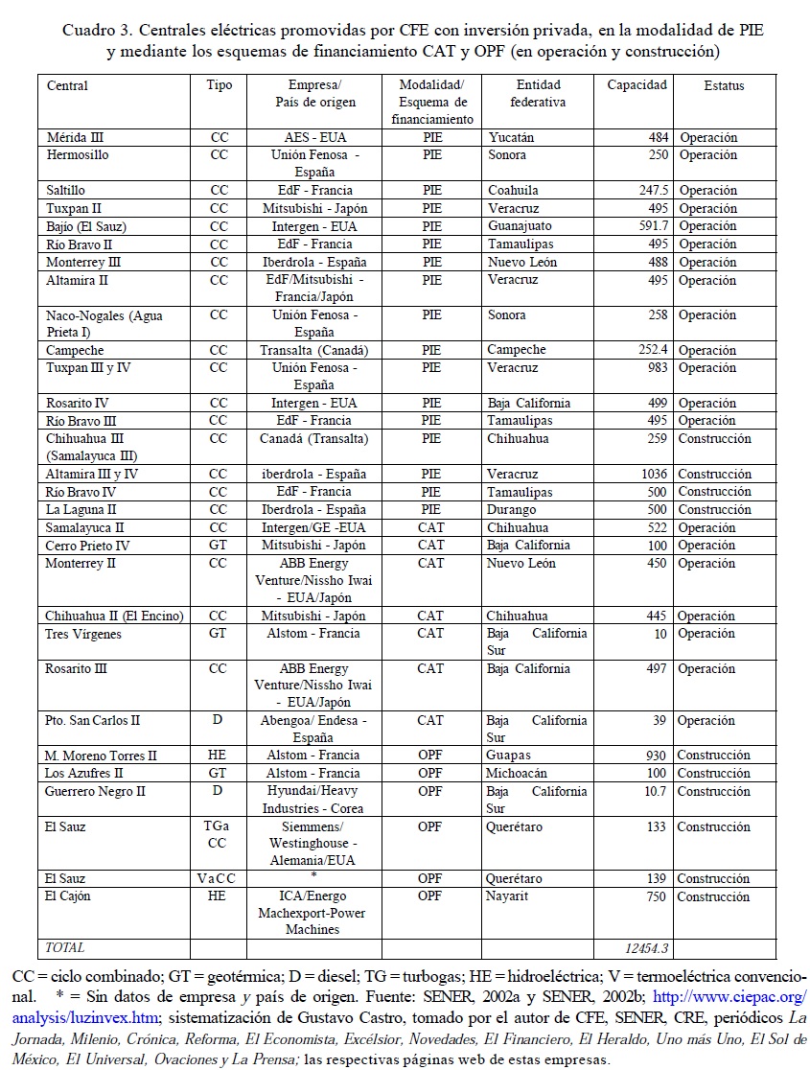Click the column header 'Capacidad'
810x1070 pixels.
(636, 85)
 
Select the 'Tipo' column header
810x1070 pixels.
(219, 85)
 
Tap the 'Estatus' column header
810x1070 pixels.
(724, 85)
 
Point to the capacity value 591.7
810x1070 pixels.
(649, 226)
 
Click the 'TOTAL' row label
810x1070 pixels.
(65, 948)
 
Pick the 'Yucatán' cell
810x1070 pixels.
(511, 138)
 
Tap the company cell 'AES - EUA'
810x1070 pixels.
(314, 138)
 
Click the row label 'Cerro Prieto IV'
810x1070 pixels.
(87, 546)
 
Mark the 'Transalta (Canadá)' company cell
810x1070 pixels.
(314, 351)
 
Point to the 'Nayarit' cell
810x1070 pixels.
(508, 896)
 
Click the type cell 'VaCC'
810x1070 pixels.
(218, 878)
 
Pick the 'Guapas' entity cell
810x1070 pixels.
(508, 756)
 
